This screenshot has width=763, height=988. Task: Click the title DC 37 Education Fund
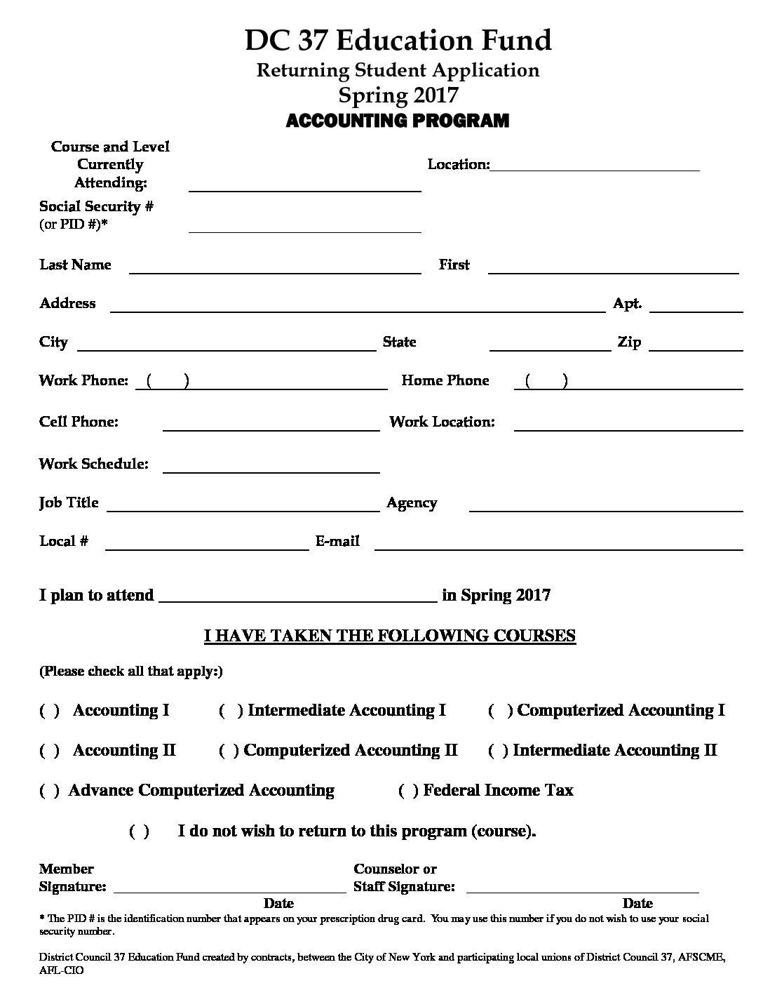[398, 41]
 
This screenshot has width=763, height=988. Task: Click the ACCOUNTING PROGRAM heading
[397, 121]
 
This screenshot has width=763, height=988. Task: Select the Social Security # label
[96, 206]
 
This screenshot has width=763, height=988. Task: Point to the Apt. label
[627, 303]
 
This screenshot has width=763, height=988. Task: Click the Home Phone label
[445, 380]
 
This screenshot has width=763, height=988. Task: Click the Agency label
[412, 503]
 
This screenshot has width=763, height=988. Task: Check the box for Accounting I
[49, 711]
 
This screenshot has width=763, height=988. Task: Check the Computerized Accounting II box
[229, 751]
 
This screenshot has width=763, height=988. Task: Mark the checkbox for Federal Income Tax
[408, 791]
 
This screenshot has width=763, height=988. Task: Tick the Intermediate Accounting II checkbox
[498, 751]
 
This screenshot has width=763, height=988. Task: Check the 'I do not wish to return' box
[140, 832]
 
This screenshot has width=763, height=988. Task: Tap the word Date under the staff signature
[637, 903]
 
